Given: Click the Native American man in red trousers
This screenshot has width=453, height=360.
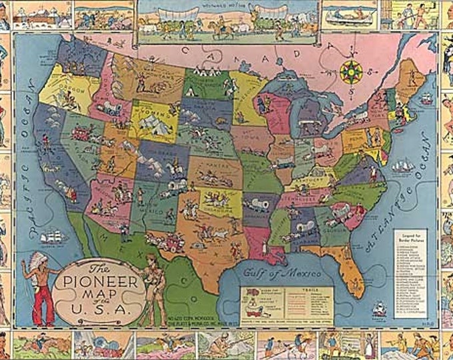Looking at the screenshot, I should tap(42, 290).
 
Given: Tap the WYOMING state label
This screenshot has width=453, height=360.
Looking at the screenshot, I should tap(150, 123).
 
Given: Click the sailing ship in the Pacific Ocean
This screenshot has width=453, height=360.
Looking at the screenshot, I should tap(54, 237).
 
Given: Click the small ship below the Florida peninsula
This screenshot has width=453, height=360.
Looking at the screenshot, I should tap(380, 309).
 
